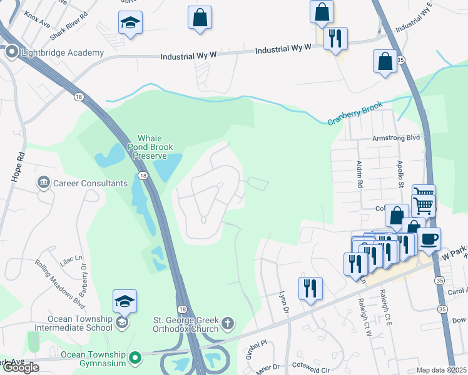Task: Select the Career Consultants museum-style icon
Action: coord(44,183)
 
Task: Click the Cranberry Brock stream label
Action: coord(354,113)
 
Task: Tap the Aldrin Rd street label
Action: coord(359,173)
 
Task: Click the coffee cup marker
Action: coord(429,239)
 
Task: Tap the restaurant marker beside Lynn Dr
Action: coord(310,288)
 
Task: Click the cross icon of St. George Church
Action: coord(228,324)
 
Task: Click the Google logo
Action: coord(20,367)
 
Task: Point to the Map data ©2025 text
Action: coord(442,370)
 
